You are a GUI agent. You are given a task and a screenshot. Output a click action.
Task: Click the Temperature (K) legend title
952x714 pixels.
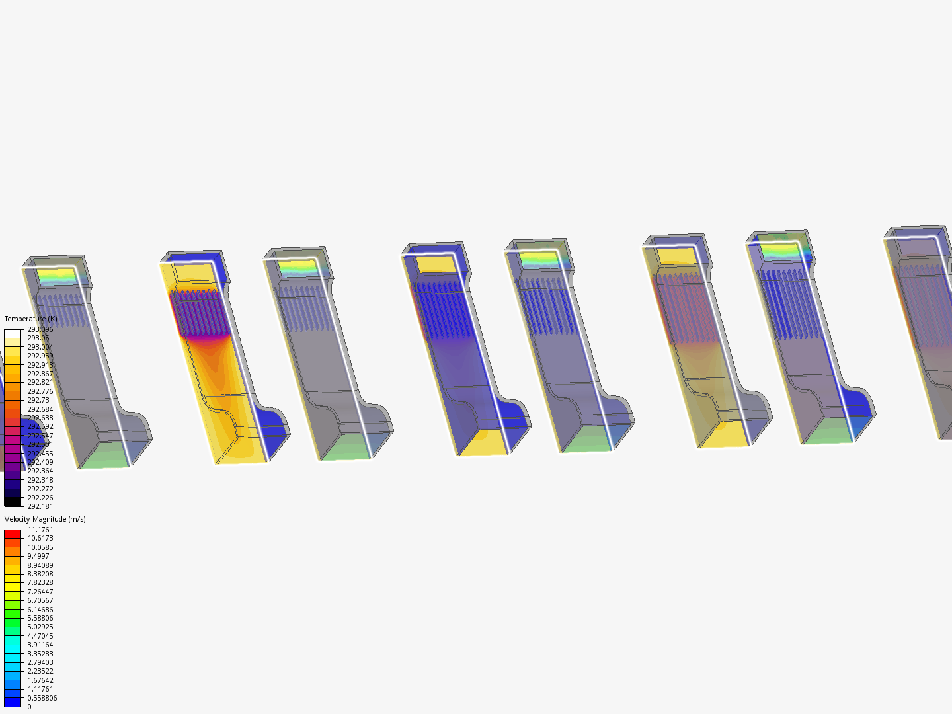point(30,319)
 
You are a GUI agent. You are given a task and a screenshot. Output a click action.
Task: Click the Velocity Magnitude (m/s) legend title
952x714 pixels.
point(45,519)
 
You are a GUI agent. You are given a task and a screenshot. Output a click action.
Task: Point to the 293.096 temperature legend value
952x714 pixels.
point(40,329)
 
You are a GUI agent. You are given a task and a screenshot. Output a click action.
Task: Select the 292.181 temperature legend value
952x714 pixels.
point(40,506)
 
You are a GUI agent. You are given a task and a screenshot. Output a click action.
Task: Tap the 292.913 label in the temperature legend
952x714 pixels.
point(40,365)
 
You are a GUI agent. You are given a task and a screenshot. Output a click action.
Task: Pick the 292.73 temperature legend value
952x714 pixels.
point(38,400)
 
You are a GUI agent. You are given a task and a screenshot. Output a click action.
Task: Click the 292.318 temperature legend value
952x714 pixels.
point(40,480)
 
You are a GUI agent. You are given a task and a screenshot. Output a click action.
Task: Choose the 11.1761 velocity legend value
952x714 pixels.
point(40,530)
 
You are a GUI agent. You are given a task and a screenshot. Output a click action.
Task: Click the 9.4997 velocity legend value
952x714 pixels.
point(38,556)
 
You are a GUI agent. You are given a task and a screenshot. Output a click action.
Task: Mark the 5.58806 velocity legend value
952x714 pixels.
point(40,618)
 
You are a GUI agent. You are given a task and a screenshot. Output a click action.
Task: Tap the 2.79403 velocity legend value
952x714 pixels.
point(40,662)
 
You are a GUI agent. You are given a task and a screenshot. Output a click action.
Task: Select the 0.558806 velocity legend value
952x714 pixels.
point(42,698)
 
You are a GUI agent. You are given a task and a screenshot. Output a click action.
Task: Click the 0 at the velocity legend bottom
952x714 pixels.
point(29,707)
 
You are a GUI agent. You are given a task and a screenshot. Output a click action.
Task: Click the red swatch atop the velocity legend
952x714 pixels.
point(13,534)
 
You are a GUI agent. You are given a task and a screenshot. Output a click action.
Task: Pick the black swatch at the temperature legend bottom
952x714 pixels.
point(13,502)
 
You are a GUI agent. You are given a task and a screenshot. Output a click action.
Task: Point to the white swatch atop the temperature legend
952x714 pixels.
point(13,333)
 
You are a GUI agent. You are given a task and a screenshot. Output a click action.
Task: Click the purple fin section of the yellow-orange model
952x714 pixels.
point(198,314)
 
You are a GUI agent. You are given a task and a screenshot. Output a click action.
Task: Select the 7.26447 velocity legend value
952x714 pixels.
point(40,592)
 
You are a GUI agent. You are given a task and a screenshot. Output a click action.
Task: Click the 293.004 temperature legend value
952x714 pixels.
point(40,347)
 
